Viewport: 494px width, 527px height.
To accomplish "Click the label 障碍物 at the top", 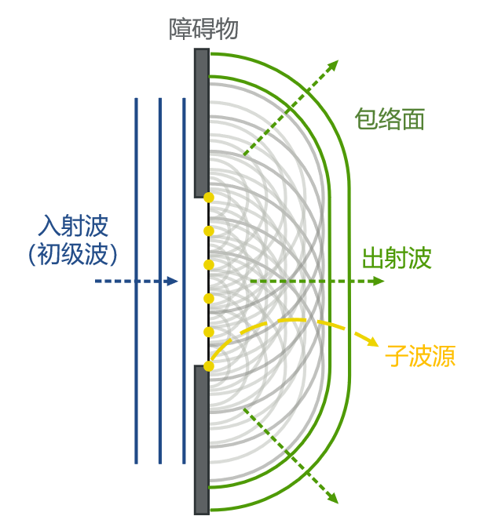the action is (x=204, y=30).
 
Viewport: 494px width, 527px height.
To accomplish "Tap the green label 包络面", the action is (x=390, y=119).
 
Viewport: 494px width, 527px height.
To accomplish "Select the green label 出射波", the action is (x=397, y=258).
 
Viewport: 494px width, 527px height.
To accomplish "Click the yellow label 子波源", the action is (x=420, y=357).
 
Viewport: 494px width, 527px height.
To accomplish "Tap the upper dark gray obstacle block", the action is (x=202, y=122).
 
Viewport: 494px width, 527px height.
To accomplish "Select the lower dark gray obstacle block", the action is (x=202, y=439).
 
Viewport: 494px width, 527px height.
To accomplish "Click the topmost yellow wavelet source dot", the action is (x=209, y=196).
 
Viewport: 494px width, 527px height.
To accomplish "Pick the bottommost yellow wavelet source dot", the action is (x=209, y=365).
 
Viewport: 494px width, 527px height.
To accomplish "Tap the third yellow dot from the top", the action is (x=209, y=263).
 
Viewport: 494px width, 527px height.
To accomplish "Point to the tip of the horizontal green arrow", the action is (x=380, y=281).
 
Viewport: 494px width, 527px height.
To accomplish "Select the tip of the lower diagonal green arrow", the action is (x=336, y=500).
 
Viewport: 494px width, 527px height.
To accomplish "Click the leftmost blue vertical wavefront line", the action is (x=137, y=280).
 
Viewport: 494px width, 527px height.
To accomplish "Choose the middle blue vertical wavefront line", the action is (x=160, y=280).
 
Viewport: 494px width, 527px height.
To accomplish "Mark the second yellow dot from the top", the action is (x=209, y=231).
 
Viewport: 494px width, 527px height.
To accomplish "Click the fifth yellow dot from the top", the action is (x=209, y=332).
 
